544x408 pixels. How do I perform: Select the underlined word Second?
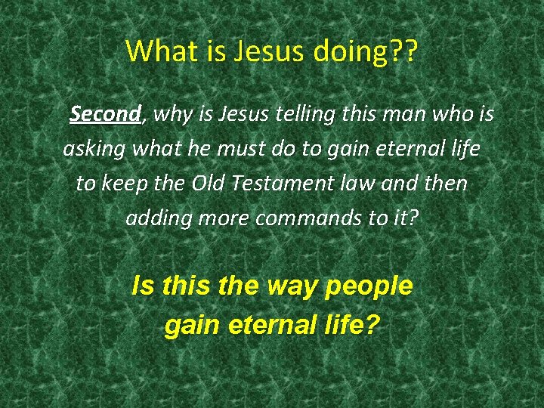click(x=106, y=114)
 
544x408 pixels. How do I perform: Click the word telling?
click(x=296, y=114)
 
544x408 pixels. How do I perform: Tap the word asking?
click(x=94, y=149)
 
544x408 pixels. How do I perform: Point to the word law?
click(x=359, y=184)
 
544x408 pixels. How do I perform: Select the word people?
click(x=370, y=287)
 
